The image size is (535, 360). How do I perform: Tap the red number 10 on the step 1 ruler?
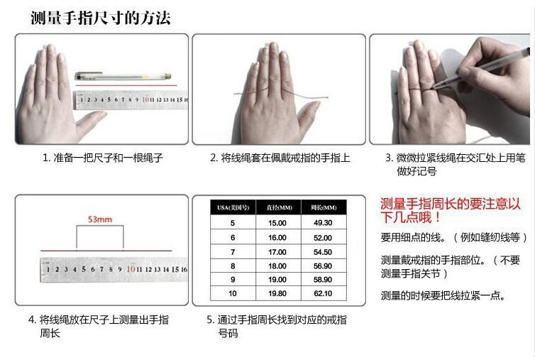tap(145, 99)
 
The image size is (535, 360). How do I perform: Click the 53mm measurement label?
tap(100, 219)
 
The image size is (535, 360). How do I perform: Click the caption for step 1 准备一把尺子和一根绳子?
tap(102, 158)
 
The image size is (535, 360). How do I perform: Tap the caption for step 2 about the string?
tap(280, 158)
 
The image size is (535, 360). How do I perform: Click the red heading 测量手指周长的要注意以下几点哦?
tap(451, 210)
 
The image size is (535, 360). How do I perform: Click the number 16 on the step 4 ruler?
tap(184, 269)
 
